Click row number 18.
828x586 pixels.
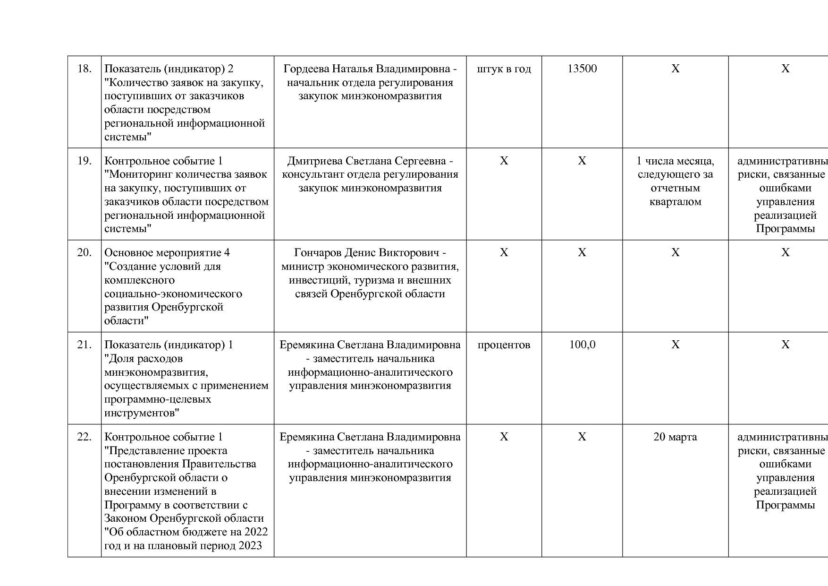click(x=84, y=69)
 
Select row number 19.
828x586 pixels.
click(x=84, y=161)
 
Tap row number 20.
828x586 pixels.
click(x=84, y=253)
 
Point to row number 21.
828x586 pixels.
click(x=84, y=345)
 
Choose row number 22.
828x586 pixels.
click(x=84, y=437)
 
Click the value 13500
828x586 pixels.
click(x=582, y=69)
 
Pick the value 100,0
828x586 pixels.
click(x=582, y=345)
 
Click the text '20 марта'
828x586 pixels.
click(x=675, y=437)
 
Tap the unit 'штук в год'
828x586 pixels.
click(x=504, y=69)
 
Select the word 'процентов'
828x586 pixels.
click(x=504, y=345)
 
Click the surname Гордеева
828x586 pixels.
click(x=305, y=69)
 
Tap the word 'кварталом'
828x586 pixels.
click(x=675, y=202)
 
